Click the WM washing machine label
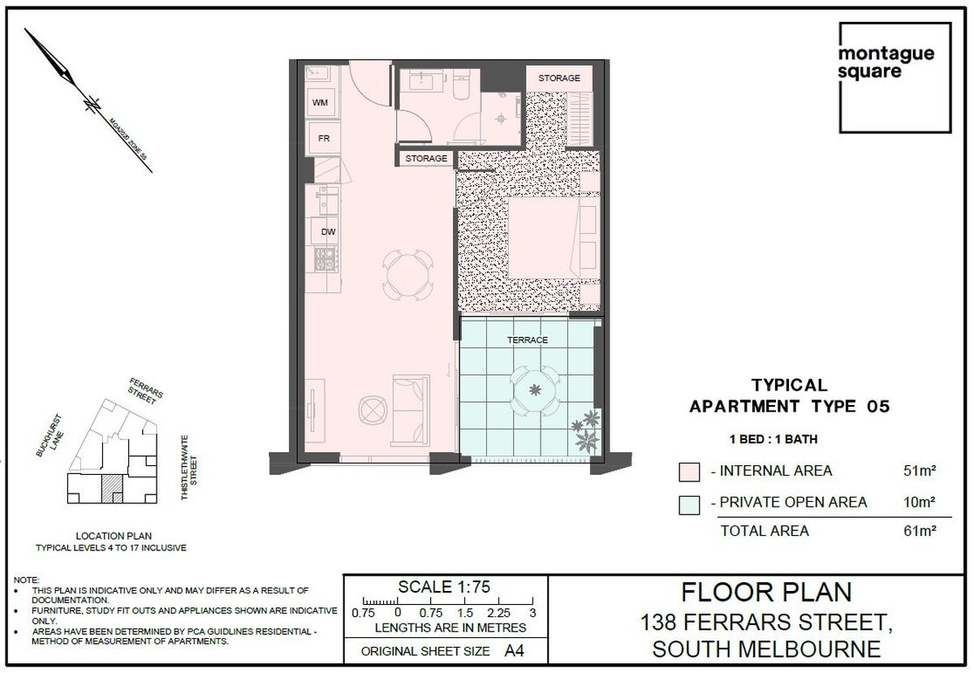click(320, 102)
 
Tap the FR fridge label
click(324, 138)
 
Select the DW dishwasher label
click(328, 232)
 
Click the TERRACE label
click(528, 340)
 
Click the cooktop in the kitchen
click(325, 259)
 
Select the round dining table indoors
click(407, 275)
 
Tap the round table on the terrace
click(535, 390)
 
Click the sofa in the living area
click(411, 410)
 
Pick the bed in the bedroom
click(553, 238)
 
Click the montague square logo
click(894, 78)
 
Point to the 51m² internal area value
click(919, 471)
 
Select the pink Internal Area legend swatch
click(689, 472)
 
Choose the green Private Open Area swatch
click(689, 505)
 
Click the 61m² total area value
click(919, 531)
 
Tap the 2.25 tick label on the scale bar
click(498, 613)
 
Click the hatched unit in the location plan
click(112, 489)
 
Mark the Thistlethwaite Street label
click(189, 468)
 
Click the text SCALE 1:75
click(444, 587)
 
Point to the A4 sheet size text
click(515, 651)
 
